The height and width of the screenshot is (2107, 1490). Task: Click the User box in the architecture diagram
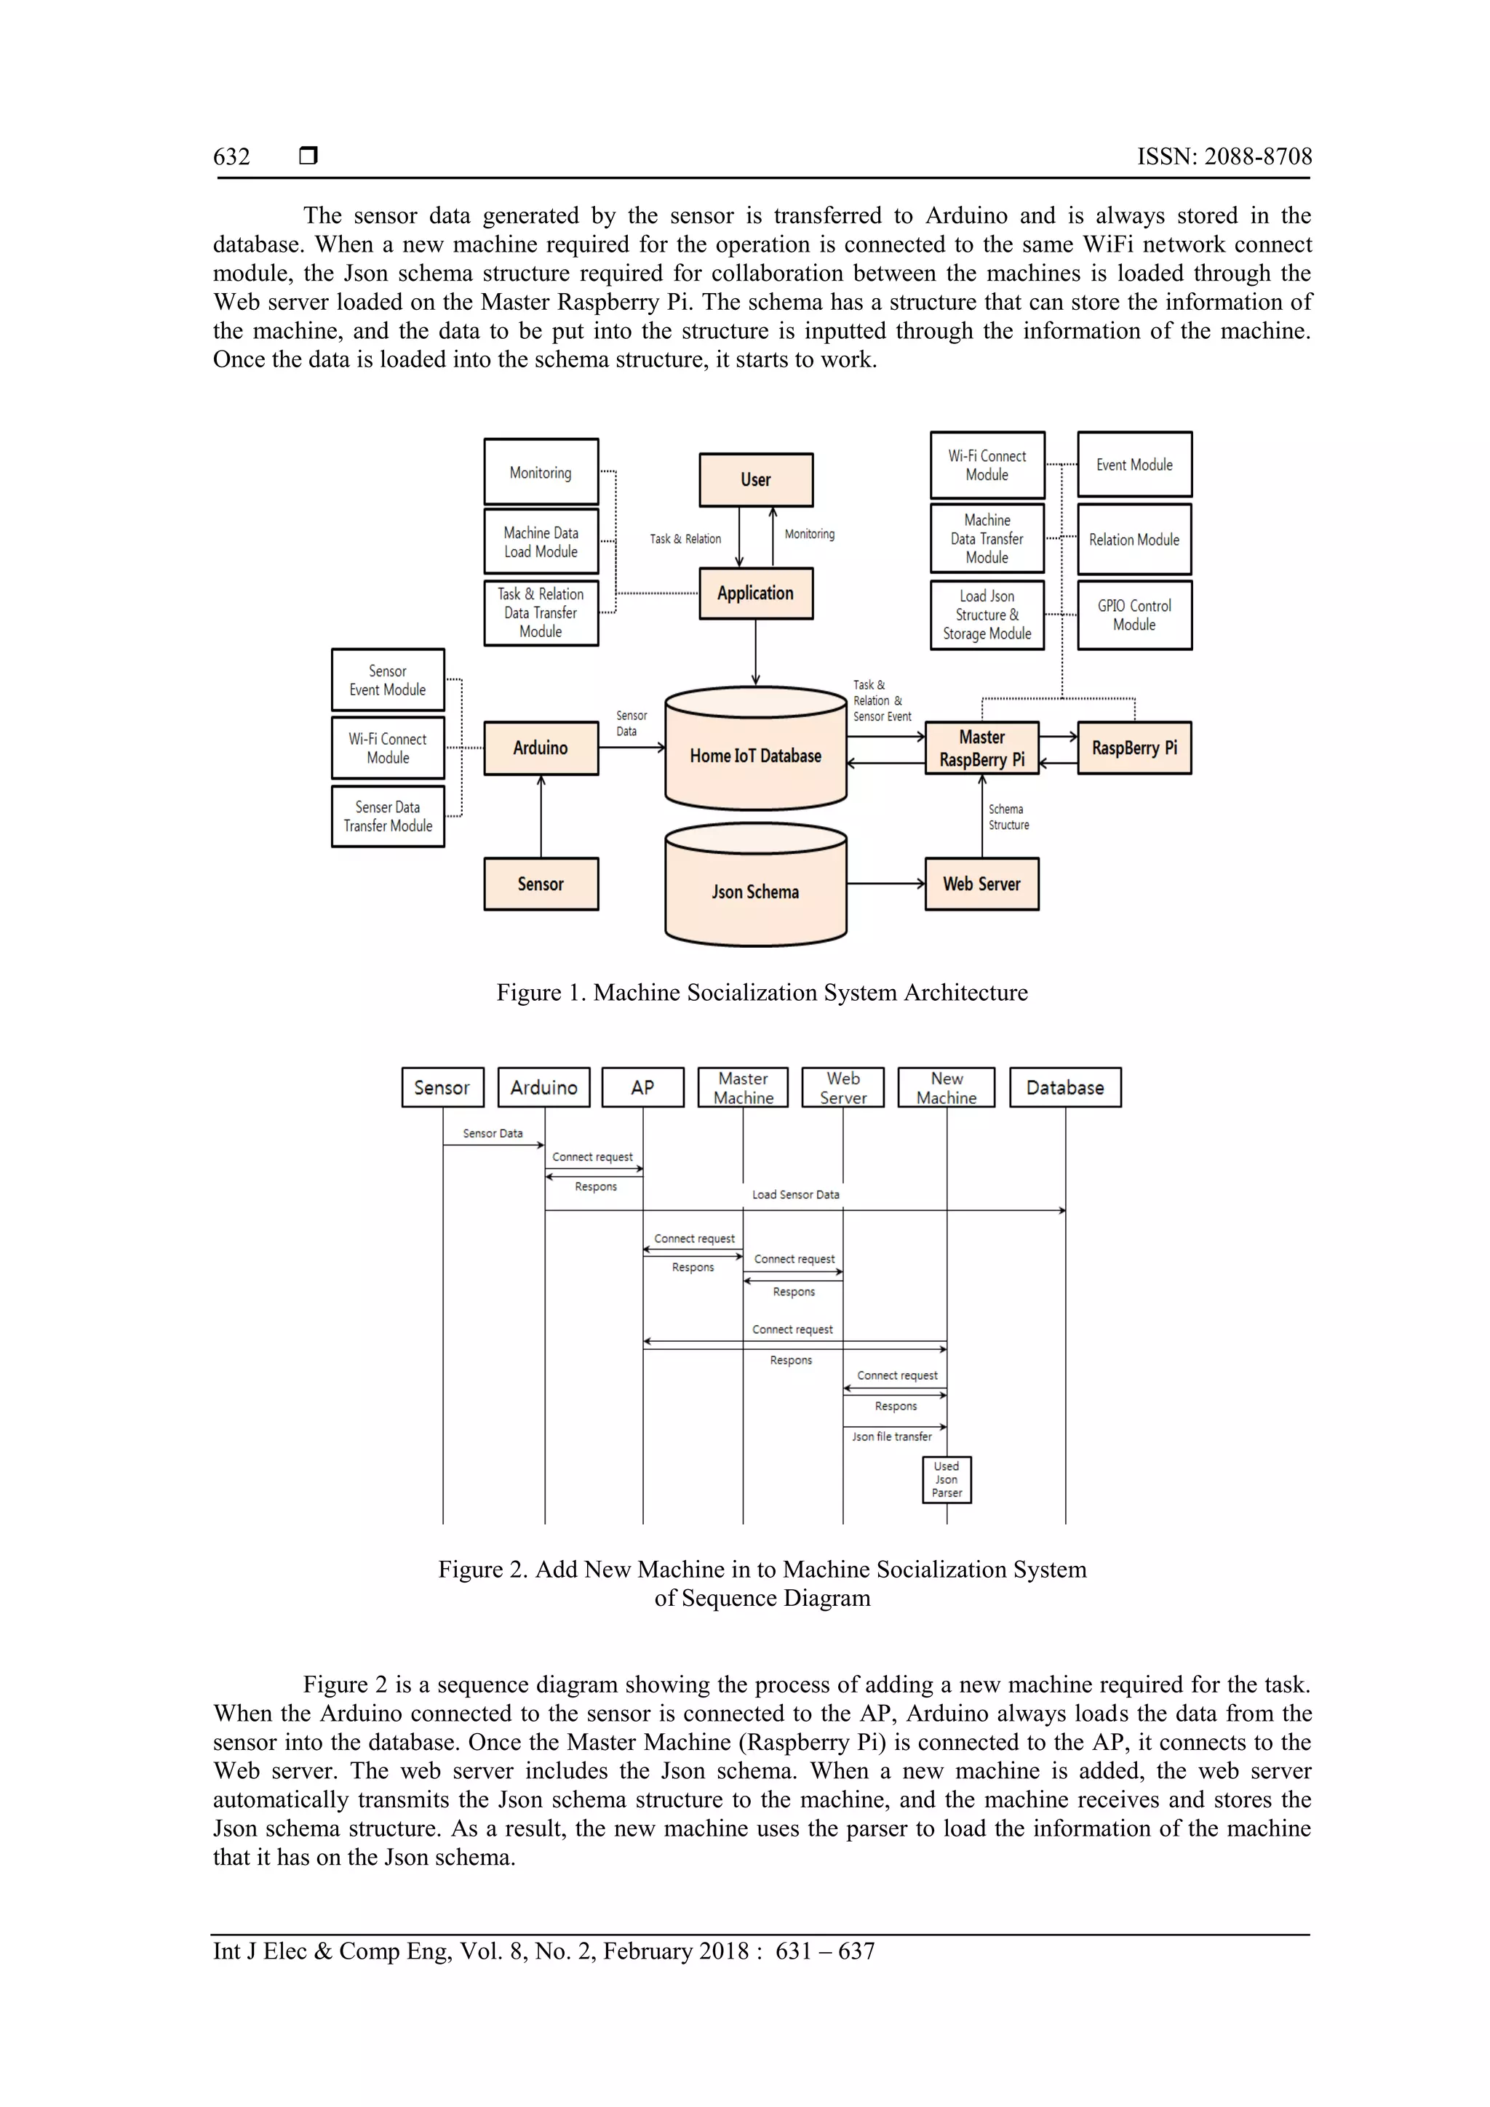[x=756, y=479]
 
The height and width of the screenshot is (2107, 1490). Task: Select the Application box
[x=756, y=593]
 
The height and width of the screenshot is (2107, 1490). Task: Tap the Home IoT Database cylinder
[x=756, y=754]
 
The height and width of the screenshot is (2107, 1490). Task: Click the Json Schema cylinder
[x=756, y=890]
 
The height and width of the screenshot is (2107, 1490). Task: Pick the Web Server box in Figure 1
[x=981, y=884]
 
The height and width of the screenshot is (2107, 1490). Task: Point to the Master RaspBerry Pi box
[x=981, y=748]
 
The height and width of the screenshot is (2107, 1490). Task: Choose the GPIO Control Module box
[x=1134, y=615]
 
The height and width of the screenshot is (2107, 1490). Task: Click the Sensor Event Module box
[x=388, y=680]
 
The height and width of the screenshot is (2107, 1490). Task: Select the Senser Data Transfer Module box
[x=388, y=816]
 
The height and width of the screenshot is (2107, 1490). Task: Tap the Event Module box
[x=1134, y=464]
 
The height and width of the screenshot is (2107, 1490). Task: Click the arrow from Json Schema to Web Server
[x=886, y=884]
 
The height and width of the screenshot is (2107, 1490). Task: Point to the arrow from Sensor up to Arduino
[x=541, y=817]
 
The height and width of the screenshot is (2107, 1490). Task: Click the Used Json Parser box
[x=947, y=1479]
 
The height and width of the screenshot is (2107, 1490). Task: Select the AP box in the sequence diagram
[x=642, y=1087]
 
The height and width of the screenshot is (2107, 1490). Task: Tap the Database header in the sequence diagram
[x=1065, y=1087]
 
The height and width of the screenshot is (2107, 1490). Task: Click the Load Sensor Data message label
[x=795, y=1195]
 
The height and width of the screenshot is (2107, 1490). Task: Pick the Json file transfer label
[x=891, y=1437]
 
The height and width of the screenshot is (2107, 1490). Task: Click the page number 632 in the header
[x=231, y=157]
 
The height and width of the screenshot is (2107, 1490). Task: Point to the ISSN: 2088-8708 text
[x=1224, y=157]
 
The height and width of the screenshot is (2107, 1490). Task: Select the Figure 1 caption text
[x=762, y=993]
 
